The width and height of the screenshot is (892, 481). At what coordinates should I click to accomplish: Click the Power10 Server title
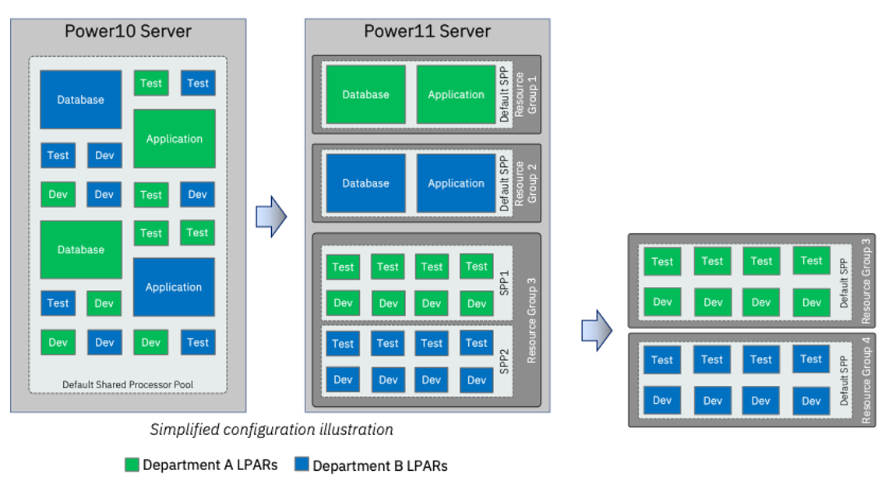coord(128,32)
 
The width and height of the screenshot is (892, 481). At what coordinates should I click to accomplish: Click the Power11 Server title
coord(427,32)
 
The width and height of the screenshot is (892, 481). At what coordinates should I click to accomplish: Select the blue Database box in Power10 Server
coord(80,100)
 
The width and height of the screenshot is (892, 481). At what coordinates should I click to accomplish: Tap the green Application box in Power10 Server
coord(174,139)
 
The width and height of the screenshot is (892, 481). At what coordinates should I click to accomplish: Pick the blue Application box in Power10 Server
coord(173,287)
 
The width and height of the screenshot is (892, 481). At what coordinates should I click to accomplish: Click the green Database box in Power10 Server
coord(80,249)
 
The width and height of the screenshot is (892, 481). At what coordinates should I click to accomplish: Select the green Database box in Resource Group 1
coord(365,94)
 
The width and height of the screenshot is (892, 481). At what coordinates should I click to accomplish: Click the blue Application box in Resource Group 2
coord(456,183)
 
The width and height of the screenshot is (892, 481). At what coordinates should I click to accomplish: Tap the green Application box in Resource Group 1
coord(456,94)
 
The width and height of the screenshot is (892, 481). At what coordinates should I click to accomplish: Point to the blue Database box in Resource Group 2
coord(365,183)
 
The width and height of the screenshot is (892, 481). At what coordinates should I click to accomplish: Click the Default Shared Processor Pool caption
coord(128,384)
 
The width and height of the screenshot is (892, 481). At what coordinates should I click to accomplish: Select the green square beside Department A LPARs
coord(132,465)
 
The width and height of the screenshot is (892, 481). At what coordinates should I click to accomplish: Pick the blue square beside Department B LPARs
coord(301,465)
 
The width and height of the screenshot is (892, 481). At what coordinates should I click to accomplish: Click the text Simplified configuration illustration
coord(271,430)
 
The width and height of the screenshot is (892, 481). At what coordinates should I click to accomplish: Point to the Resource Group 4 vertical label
coord(866,380)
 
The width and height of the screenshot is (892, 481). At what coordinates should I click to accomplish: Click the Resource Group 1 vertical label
coord(526,94)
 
